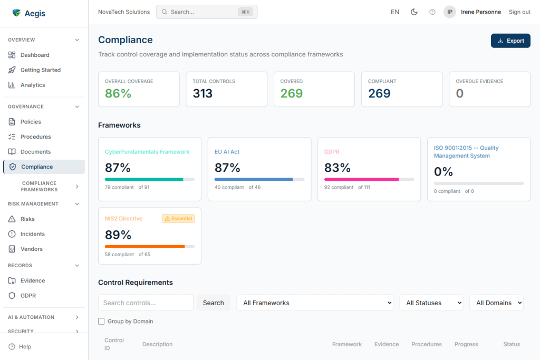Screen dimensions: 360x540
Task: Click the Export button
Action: tap(510, 41)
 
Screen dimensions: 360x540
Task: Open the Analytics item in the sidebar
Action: tap(33, 85)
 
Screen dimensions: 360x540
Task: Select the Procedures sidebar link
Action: tap(35, 137)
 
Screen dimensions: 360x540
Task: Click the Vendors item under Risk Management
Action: tap(32, 249)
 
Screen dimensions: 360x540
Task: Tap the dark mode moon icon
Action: tap(414, 12)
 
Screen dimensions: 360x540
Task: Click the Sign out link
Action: tap(519, 12)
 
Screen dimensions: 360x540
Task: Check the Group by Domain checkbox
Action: tap(101, 321)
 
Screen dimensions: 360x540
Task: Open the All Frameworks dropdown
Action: tap(315, 303)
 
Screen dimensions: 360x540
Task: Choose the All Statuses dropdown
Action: tap(431, 303)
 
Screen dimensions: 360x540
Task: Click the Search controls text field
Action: tap(146, 303)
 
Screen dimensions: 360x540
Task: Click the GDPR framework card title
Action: tap(332, 152)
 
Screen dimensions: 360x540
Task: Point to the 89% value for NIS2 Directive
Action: tap(118, 235)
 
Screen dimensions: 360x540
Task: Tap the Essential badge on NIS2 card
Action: tap(178, 218)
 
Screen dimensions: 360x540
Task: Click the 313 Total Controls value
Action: tap(202, 93)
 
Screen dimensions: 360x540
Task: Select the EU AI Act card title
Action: tap(227, 152)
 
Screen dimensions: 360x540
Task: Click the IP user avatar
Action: tap(449, 12)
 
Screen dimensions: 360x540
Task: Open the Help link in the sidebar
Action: tap(25, 346)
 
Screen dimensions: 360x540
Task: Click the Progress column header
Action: tap(466, 344)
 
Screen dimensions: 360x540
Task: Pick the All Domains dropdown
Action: tap(496, 303)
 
